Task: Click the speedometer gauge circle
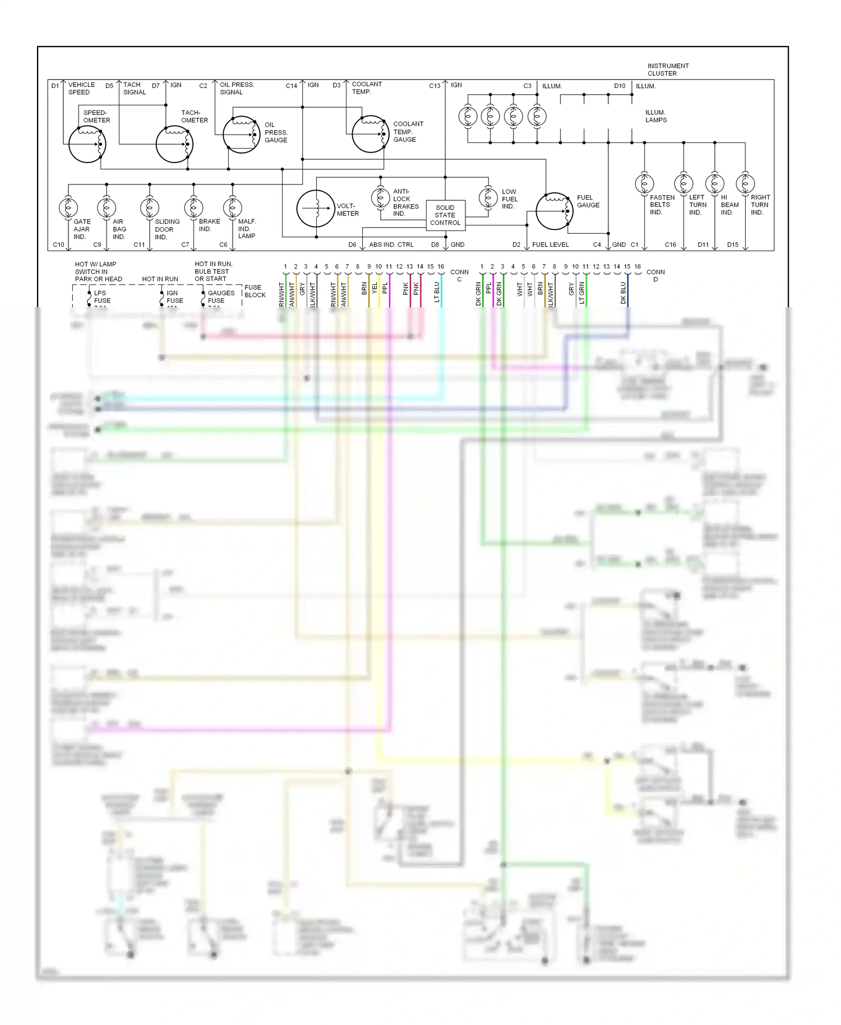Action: (87, 144)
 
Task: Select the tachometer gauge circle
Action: (174, 144)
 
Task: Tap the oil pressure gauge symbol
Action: (242, 135)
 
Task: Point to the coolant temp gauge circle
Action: (371, 134)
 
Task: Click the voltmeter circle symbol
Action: (316, 209)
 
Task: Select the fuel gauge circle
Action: (554, 211)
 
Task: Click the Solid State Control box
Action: (445, 215)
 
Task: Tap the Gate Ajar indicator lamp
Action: (68, 208)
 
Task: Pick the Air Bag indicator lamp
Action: (107, 208)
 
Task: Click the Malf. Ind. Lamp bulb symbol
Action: (232, 208)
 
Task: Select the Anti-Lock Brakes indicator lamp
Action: (381, 197)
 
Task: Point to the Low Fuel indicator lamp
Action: (488, 197)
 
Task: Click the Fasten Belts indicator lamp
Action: (644, 183)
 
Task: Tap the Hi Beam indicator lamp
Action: (715, 183)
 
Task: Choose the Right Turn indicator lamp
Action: (745, 183)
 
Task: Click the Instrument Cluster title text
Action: (668, 70)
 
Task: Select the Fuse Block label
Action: (255, 291)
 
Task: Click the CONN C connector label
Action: (459, 275)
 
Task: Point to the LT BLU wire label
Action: (437, 292)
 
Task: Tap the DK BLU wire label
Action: (623, 293)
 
